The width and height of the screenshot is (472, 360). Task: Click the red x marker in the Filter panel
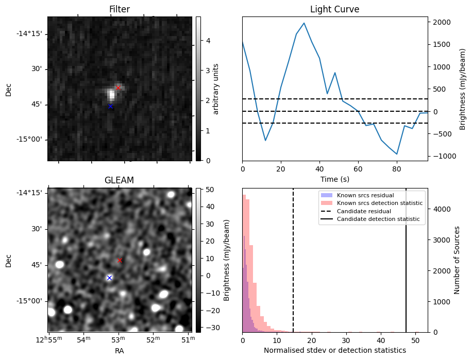click(x=118, y=88)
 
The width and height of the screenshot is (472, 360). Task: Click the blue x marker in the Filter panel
click(x=110, y=106)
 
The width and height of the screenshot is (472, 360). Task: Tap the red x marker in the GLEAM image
click(x=120, y=261)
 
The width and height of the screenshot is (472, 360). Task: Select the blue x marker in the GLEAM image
click(x=109, y=278)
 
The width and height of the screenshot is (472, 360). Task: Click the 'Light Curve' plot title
click(x=334, y=10)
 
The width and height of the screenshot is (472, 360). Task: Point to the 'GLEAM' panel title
click(x=119, y=180)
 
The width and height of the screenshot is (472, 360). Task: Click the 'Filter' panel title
click(x=119, y=10)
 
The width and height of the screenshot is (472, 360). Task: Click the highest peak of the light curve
click(x=304, y=23)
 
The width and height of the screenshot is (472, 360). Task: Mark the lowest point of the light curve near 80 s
click(x=397, y=154)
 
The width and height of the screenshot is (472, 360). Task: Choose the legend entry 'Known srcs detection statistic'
click(x=380, y=203)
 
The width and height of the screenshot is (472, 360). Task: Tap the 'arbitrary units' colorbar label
click(x=216, y=89)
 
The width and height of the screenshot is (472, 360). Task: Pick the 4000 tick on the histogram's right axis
click(x=441, y=209)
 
